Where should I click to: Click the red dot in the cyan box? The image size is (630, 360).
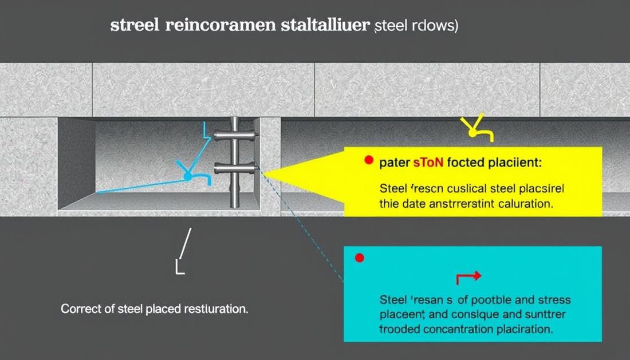coord(360,258)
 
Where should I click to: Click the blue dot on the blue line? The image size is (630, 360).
coord(187,178)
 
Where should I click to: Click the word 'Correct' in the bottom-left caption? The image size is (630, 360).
coord(79,310)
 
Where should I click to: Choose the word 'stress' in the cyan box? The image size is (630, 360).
coord(552,299)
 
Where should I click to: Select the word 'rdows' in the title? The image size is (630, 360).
coord(438,27)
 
